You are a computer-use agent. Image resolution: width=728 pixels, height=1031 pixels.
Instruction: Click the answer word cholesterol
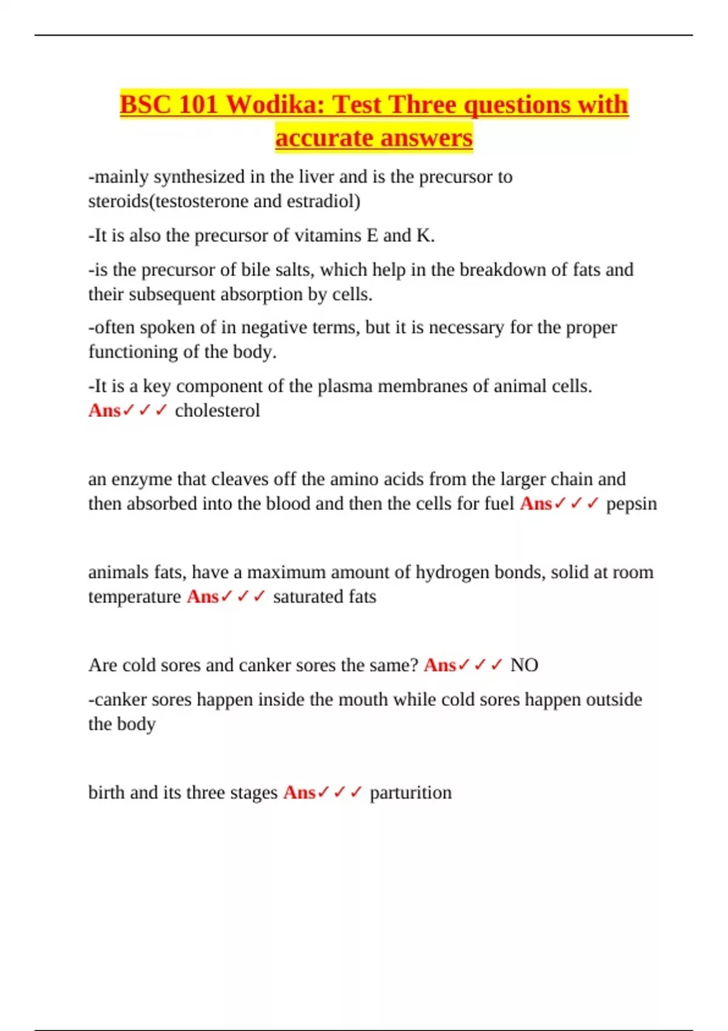tap(217, 411)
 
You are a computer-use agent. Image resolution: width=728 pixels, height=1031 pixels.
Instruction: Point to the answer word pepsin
tap(632, 503)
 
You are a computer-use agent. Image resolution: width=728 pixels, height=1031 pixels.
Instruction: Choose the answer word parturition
tap(411, 793)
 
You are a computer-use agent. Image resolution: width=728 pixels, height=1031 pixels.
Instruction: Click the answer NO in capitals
tap(524, 665)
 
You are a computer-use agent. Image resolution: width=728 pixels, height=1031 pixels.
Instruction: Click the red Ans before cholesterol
tap(104, 411)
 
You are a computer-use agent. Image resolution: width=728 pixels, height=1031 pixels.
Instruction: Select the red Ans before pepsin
tap(536, 503)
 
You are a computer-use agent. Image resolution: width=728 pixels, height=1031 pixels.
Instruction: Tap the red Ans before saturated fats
tap(203, 597)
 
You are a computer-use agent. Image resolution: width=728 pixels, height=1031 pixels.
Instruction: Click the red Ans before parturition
tap(299, 793)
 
